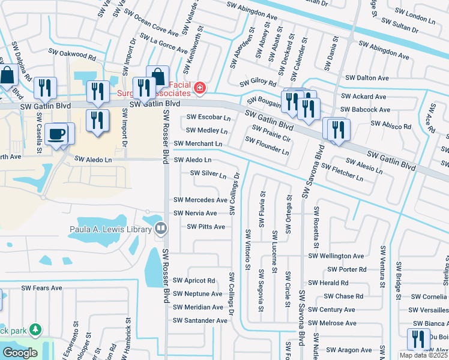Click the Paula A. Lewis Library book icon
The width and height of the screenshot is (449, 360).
tap(160, 228)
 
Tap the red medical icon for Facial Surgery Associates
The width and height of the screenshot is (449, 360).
tap(200, 90)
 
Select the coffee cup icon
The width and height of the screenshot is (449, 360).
tap(56, 134)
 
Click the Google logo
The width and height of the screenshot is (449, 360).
tap(20, 353)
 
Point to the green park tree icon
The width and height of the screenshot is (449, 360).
tap(36, 330)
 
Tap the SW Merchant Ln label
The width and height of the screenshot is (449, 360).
tap(198, 144)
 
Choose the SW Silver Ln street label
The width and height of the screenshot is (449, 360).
tap(208, 174)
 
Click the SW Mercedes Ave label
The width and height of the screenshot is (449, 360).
tap(200, 200)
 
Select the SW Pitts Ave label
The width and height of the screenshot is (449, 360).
tap(206, 227)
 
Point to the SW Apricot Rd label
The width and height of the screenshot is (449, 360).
tap(194, 280)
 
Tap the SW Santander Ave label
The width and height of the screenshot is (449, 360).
tap(200, 320)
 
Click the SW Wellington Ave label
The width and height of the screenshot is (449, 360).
tap(336, 256)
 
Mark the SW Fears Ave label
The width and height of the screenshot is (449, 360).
tap(42, 288)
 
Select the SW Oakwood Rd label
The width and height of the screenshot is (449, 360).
tap(74, 55)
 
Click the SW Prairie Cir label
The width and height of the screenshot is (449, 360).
tap(271, 133)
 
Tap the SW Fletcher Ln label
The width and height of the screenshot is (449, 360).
tap(342, 172)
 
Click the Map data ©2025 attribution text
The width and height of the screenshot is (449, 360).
tap(424, 355)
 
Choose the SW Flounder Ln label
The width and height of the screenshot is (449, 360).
tap(267, 146)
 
